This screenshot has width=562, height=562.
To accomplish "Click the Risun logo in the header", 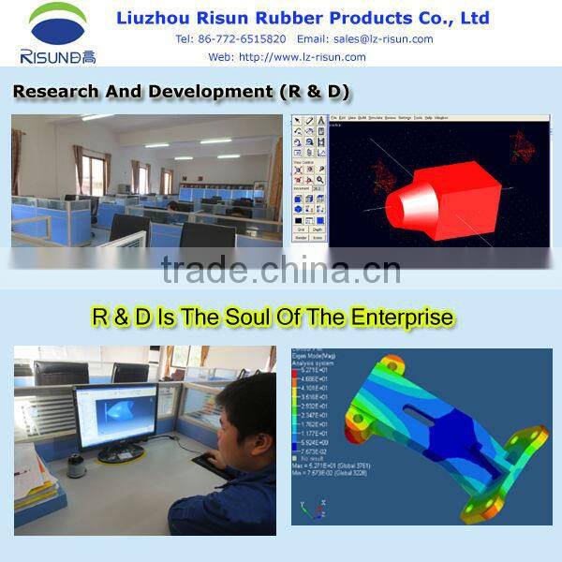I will click(x=58, y=33).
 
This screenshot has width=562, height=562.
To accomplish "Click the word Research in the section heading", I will click(x=54, y=92).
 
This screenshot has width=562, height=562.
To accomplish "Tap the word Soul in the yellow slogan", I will click(x=254, y=318).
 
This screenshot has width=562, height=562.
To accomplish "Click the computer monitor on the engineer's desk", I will click(x=114, y=418).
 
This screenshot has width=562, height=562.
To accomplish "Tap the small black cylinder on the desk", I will click(x=77, y=465).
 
